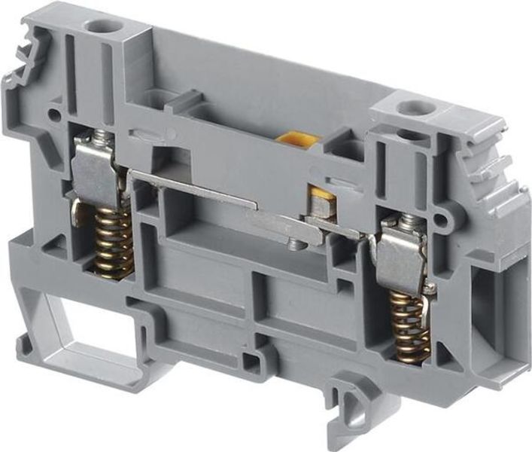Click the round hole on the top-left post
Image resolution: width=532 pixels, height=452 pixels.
pyautogui.click(x=99, y=27)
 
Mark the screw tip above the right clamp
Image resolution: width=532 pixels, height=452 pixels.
pyautogui.click(x=408, y=219)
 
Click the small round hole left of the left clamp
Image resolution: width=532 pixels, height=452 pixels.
pyautogui.click(x=55, y=116)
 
